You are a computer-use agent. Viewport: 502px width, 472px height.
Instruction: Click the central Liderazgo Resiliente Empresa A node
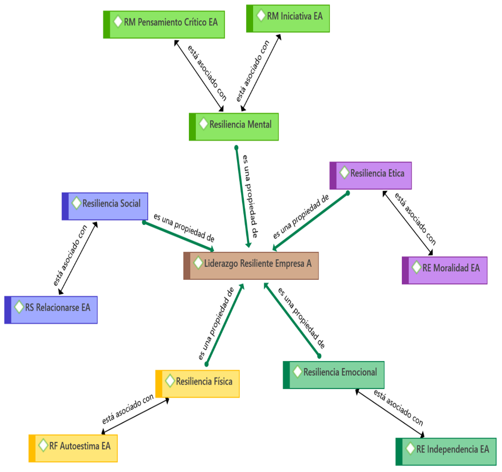(x=251, y=266)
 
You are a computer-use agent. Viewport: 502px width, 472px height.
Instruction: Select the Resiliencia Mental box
(x=234, y=126)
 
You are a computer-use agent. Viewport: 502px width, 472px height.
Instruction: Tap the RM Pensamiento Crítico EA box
(x=164, y=25)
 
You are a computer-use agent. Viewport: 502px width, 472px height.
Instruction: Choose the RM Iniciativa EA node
(x=288, y=18)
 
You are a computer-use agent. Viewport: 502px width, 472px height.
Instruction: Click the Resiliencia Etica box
(x=371, y=175)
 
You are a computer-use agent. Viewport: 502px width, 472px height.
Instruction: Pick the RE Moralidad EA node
(x=445, y=270)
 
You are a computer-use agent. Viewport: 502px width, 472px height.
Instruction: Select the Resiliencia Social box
(x=105, y=206)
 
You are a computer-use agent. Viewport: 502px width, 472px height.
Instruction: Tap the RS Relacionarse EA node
(x=51, y=310)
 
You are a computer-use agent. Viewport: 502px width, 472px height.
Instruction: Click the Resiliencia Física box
(x=197, y=384)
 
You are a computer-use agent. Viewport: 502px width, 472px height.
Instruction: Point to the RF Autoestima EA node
(x=73, y=448)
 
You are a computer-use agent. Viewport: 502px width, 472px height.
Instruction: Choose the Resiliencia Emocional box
(x=334, y=375)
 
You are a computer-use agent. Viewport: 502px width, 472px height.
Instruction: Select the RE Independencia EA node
(x=446, y=452)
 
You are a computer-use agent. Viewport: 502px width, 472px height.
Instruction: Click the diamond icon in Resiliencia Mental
(x=203, y=124)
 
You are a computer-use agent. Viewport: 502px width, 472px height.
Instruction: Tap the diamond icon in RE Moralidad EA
(x=417, y=267)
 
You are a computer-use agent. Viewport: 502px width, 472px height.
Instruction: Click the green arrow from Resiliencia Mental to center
(x=242, y=195)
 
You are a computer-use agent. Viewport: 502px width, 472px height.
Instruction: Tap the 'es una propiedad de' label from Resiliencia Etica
(x=301, y=216)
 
